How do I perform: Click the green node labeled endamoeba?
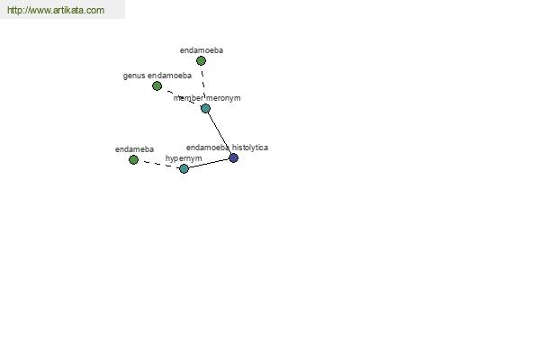[201, 61]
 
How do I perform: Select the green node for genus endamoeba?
[157, 85]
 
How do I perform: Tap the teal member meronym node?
[205, 109]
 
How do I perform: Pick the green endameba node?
[133, 159]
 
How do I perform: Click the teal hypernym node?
[184, 168]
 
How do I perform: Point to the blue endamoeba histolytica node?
[233, 157]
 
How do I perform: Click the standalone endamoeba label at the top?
[202, 50]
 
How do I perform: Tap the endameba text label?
[134, 149]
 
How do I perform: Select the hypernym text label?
[184, 158]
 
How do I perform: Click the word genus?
[134, 76]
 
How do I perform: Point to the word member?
[188, 98]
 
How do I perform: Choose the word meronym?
[223, 98]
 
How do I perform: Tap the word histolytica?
[250, 148]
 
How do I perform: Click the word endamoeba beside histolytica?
[208, 148]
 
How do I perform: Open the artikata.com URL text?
[56, 10]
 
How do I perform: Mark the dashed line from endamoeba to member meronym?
[203, 82]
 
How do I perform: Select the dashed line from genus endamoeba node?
[181, 97]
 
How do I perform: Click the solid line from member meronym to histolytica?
[220, 133]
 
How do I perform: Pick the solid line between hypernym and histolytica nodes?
[209, 163]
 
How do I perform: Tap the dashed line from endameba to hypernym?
[158, 165]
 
